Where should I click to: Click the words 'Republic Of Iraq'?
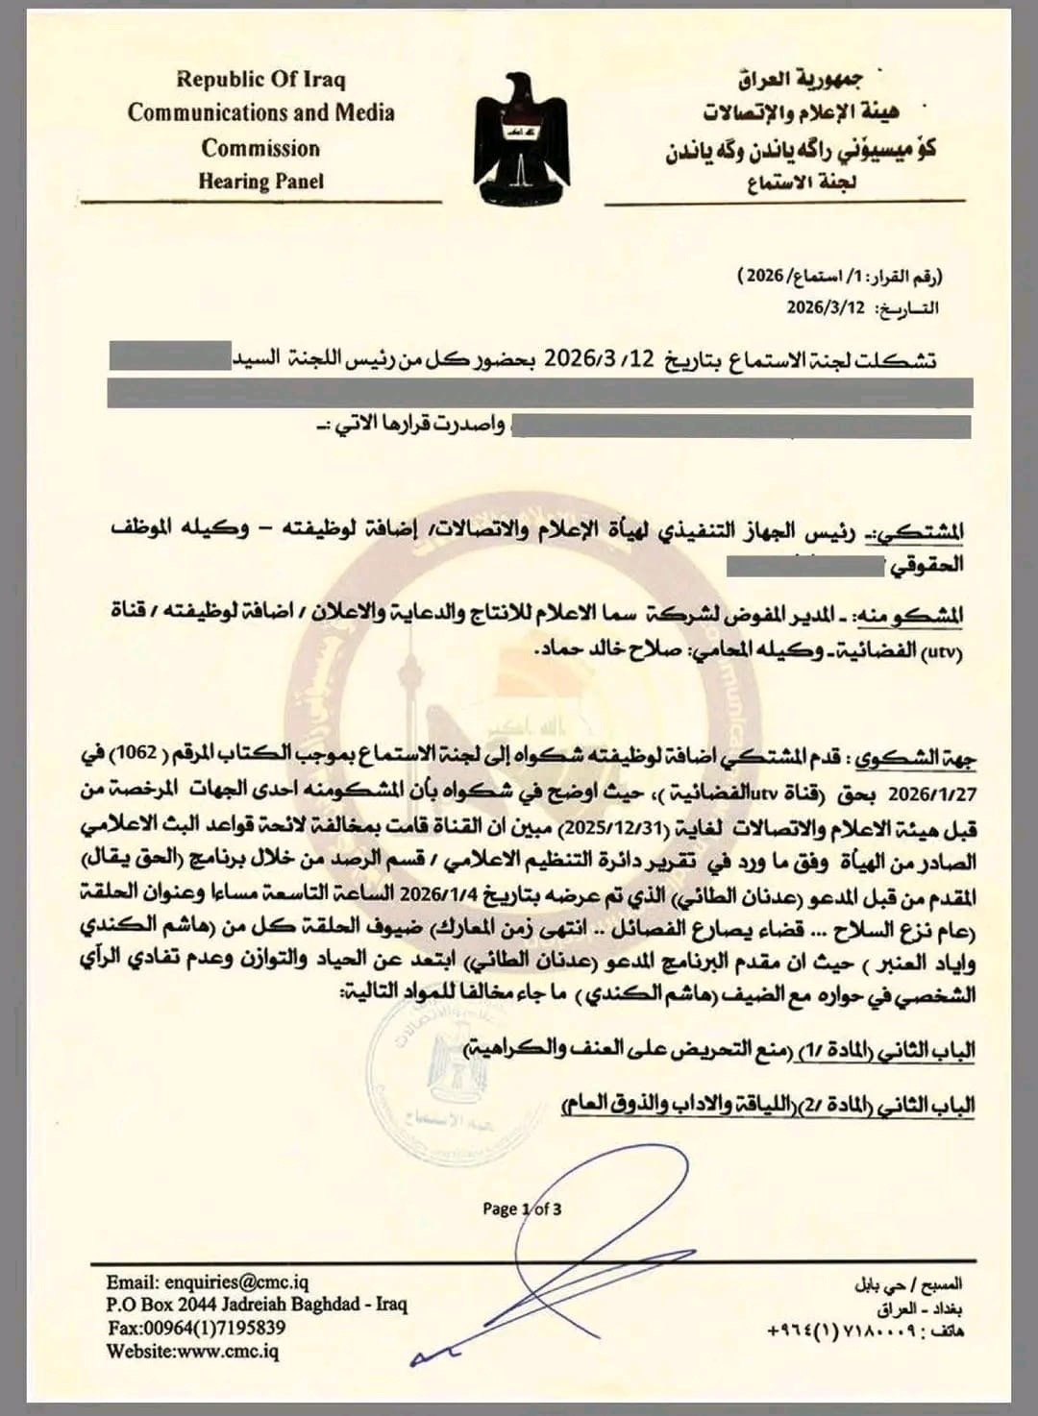[260, 79]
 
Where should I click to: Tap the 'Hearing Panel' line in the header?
[260, 180]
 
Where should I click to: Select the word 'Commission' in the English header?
[260, 148]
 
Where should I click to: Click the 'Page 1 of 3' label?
[522, 1208]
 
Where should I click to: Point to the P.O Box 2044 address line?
[257, 1305]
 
